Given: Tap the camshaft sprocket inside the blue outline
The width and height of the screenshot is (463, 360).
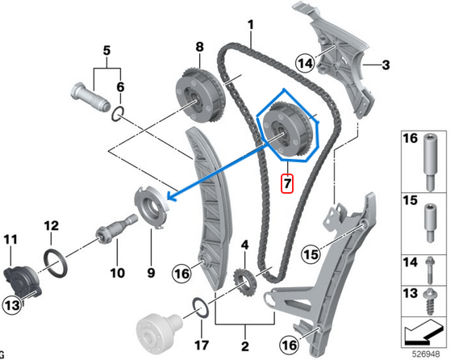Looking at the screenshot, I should coord(288,130).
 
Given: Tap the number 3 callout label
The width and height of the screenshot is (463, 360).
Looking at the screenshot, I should coord(386,64).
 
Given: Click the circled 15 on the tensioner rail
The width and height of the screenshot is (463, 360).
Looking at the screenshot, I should coord(310,257).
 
